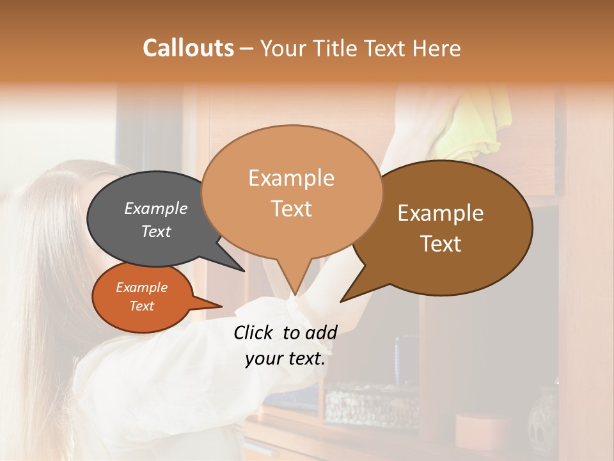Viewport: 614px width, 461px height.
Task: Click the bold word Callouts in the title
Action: [x=188, y=48]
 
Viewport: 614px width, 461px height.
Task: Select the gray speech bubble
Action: [x=147, y=218]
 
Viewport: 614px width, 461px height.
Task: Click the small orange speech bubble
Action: [x=142, y=297]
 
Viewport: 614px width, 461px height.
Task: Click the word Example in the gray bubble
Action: [x=155, y=208]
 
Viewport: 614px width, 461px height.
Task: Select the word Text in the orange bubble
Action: [x=142, y=306]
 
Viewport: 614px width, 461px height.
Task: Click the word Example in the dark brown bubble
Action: [x=441, y=213]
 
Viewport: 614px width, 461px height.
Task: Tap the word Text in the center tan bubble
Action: [x=292, y=209]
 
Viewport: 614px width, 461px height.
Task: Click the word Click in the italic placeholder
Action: [x=254, y=332]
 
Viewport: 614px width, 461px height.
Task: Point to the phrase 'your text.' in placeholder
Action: [x=285, y=359]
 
